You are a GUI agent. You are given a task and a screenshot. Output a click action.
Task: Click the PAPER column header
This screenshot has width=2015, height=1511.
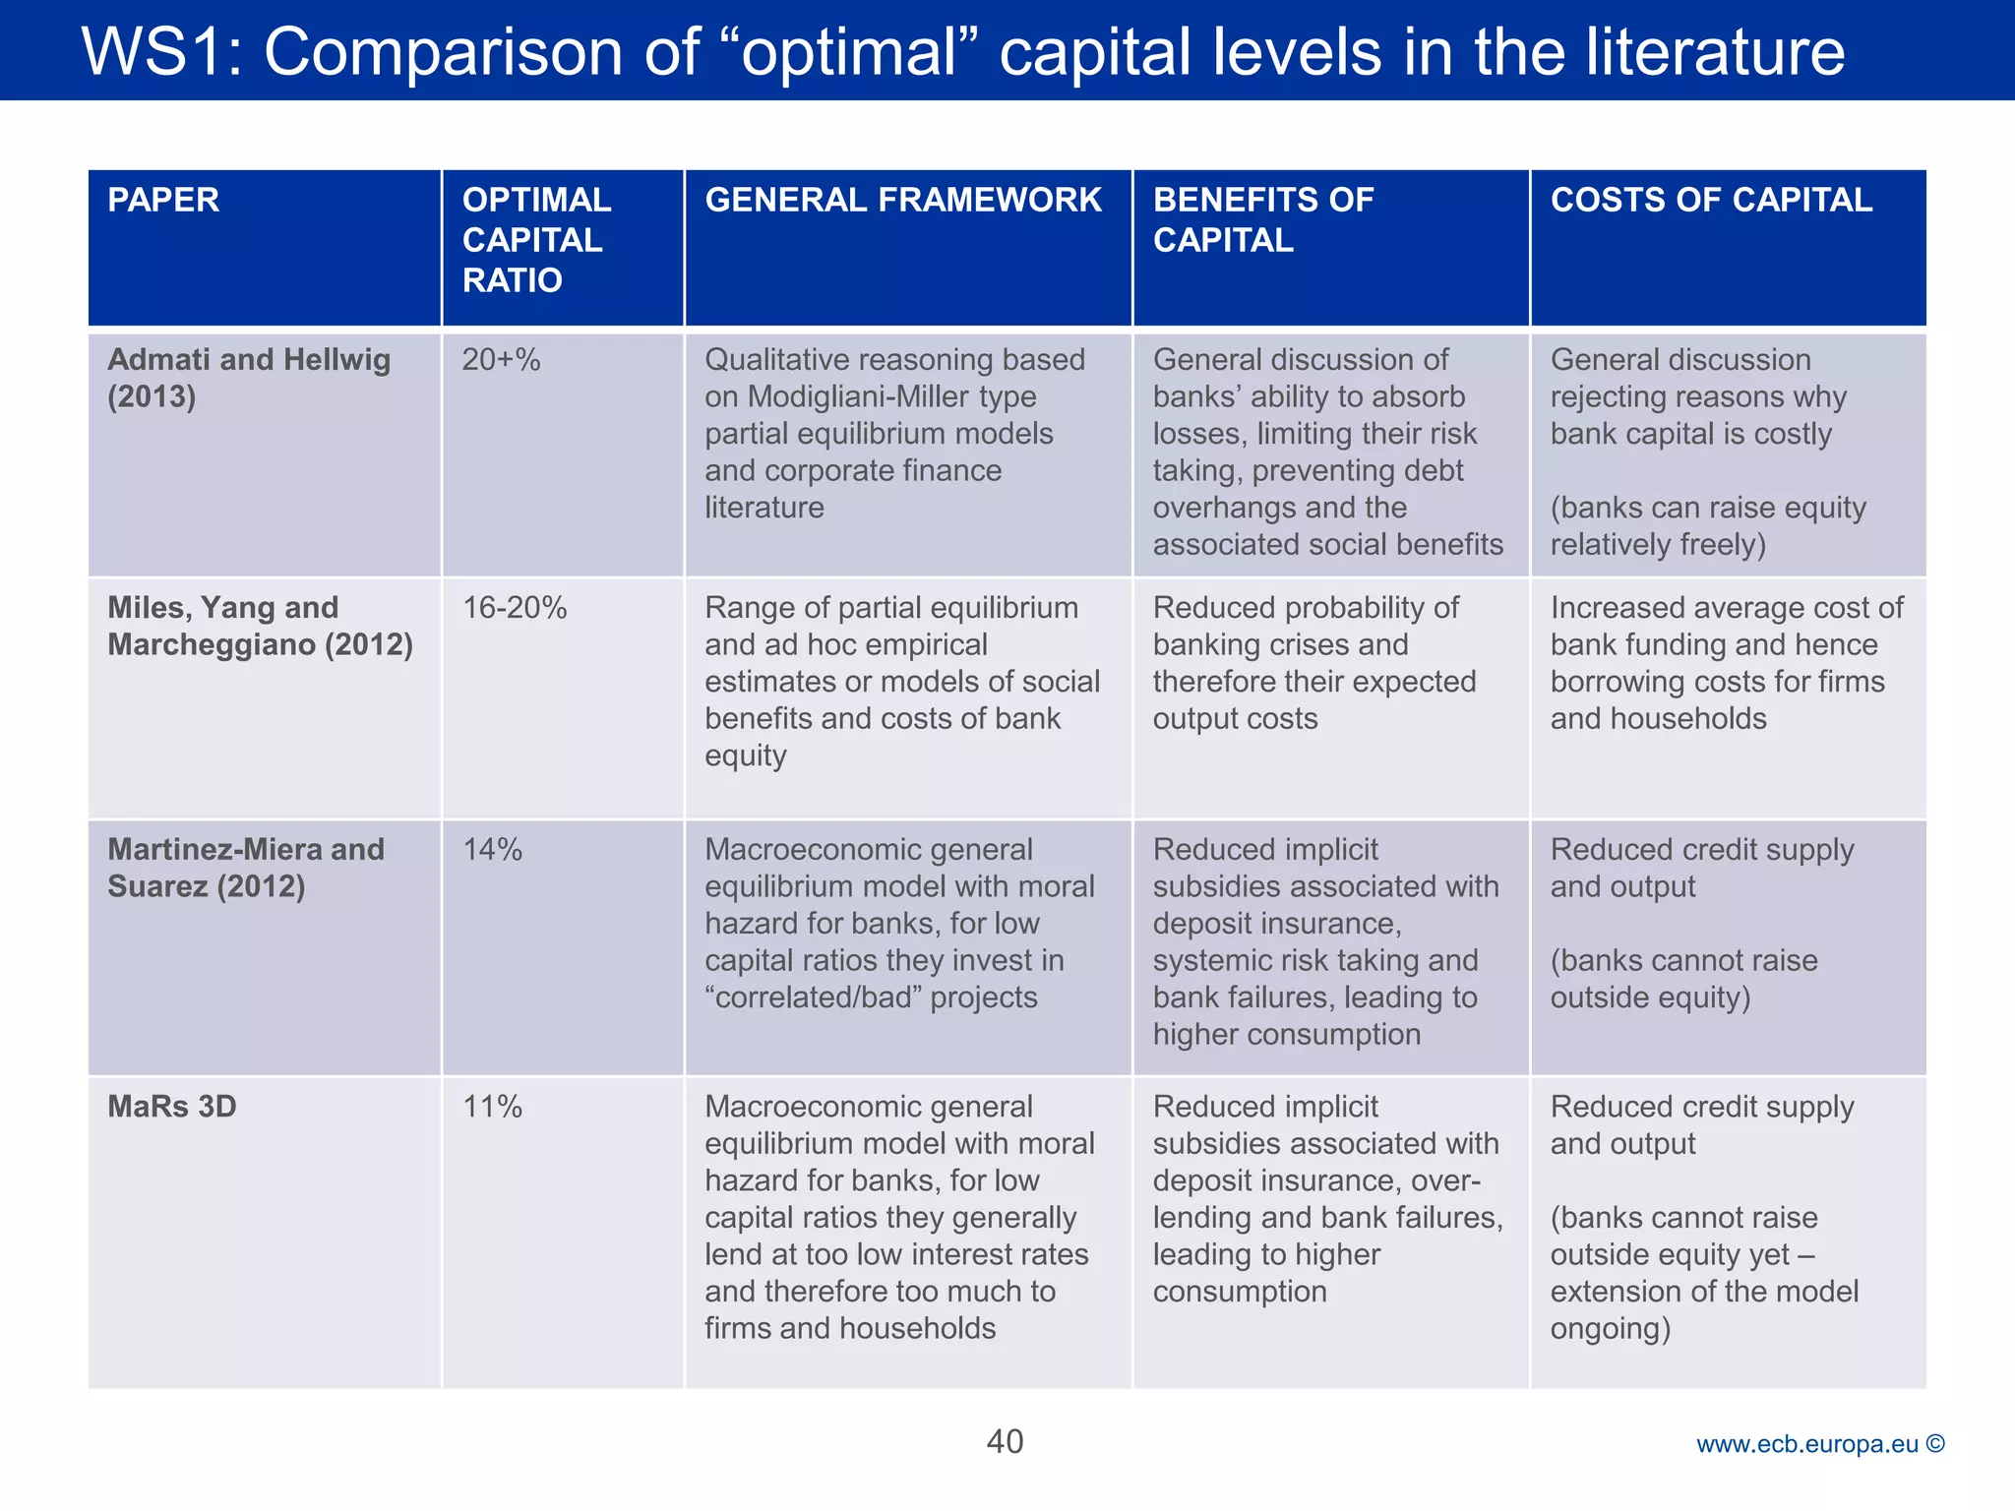click(x=163, y=200)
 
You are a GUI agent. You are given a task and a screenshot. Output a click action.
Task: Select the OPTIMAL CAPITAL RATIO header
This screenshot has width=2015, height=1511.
click(x=536, y=240)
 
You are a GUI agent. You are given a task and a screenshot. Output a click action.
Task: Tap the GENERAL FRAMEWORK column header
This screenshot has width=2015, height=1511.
click(x=902, y=200)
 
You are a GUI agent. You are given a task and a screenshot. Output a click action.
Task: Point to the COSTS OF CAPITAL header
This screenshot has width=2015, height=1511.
click(x=1711, y=200)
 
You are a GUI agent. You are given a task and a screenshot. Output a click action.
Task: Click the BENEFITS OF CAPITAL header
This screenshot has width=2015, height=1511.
click(x=1262, y=219)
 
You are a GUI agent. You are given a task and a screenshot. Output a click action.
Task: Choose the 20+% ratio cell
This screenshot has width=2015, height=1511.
click(x=501, y=360)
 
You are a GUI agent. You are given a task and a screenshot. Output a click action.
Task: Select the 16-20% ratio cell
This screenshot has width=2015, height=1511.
click(x=515, y=608)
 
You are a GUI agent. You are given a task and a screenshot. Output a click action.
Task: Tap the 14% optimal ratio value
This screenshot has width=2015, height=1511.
click(x=492, y=850)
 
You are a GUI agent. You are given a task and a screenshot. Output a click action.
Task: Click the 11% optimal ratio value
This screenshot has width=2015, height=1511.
click(x=492, y=1107)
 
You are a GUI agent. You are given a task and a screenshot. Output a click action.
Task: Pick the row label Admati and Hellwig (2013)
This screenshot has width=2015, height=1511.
click(x=249, y=378)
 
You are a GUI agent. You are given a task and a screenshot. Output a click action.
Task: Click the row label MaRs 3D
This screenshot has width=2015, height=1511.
click(x=172, y=1107)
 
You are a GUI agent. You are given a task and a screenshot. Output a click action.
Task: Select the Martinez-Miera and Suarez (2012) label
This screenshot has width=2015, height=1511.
click(x=246, y=868)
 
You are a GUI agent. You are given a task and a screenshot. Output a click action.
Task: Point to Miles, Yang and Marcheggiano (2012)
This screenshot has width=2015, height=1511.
click(x=260, y=626)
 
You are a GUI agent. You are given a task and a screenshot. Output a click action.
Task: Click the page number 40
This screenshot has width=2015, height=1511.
click(x=1005, y=1441)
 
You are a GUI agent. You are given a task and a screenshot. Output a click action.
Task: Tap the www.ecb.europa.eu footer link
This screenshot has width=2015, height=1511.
click(x=1806, y=1444)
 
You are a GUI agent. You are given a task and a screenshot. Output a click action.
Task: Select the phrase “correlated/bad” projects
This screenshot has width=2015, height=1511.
click(x=871, y=997)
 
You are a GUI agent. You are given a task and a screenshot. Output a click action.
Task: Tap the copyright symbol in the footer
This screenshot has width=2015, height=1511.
click(x=1935, y=1443)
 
